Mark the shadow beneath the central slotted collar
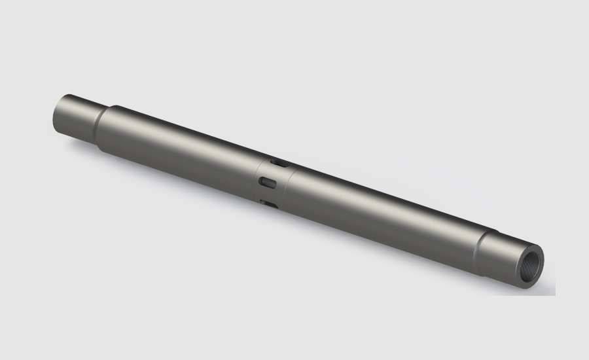(275, 219)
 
